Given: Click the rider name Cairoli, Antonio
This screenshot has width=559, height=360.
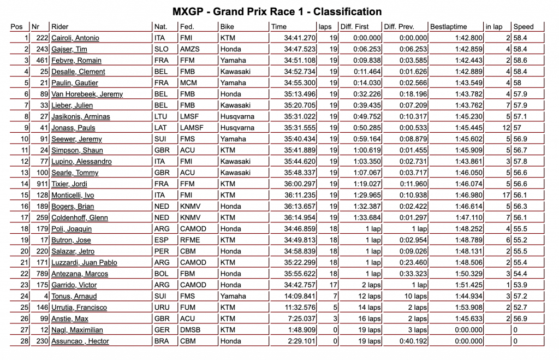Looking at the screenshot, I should (x=75, y=38).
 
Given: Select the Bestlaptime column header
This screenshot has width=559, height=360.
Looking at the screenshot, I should (x=448, y=27).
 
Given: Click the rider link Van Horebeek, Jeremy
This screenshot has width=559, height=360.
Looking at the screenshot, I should (x=87, y=95).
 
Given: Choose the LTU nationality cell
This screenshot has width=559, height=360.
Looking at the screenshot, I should (x=162, y=117).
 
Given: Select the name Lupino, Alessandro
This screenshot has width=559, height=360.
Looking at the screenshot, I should (x=81, y=162).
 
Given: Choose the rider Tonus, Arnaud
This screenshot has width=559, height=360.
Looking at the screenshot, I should (x=74, y=297).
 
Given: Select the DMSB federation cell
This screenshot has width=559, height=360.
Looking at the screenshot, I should (x=191, y=330).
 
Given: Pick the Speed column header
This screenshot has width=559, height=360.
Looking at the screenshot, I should (x=524, y=27).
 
